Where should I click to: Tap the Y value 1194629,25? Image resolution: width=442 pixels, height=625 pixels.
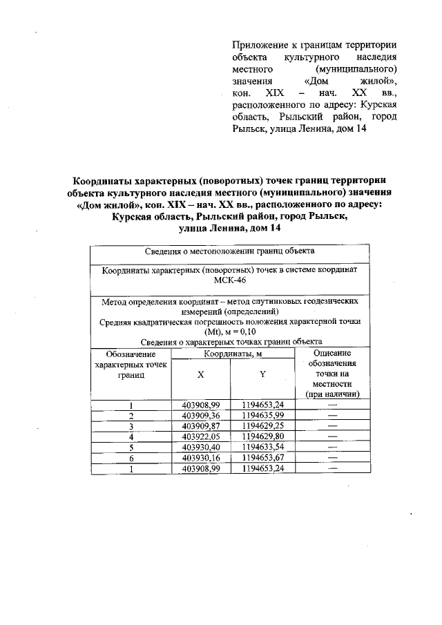pyautogui.click(x=262, y=426)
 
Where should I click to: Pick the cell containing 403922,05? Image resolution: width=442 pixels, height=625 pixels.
pyautogui.click(x=200, y=436)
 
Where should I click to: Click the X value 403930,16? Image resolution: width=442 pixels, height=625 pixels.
pyautogui.click(x=200, y=457)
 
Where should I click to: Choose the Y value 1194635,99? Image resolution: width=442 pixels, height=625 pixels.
pyautogui.click(x=262, y=416)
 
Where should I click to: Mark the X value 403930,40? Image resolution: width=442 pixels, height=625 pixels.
pyautogui.click(x=200, y=447)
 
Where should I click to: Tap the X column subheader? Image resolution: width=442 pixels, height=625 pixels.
pyautogui.click(x=200, y=374)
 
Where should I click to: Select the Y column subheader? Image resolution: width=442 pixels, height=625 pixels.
pyautogui.click(x=262, y=374)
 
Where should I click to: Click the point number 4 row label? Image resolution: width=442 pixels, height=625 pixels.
pyautogui.click(x=131, y=436)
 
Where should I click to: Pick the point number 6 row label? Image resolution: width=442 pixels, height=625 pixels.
pyautogui.click(x=131, y=457)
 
